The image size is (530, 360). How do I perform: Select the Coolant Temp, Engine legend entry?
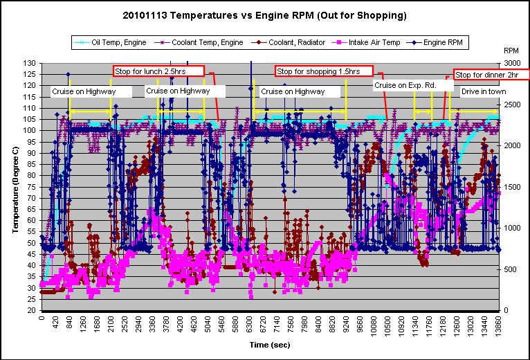tap(201, 42)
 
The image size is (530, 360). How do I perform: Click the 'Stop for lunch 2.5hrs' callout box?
tap(158, 71)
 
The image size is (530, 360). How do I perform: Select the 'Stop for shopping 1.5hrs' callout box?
tap(324, 71)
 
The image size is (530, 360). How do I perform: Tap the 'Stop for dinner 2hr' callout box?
tap(491, 74)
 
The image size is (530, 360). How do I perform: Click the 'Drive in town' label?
tap(484, 91)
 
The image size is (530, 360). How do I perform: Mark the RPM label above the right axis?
tap(511, 51)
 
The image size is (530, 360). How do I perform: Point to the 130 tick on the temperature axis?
tap(31, 63)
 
